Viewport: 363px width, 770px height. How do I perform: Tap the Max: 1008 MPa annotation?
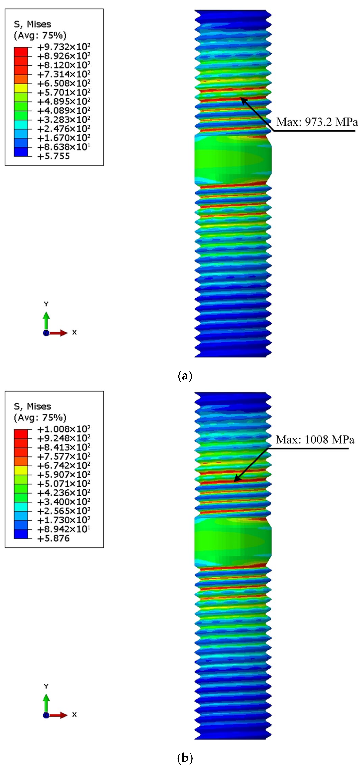tap(315, 440)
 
